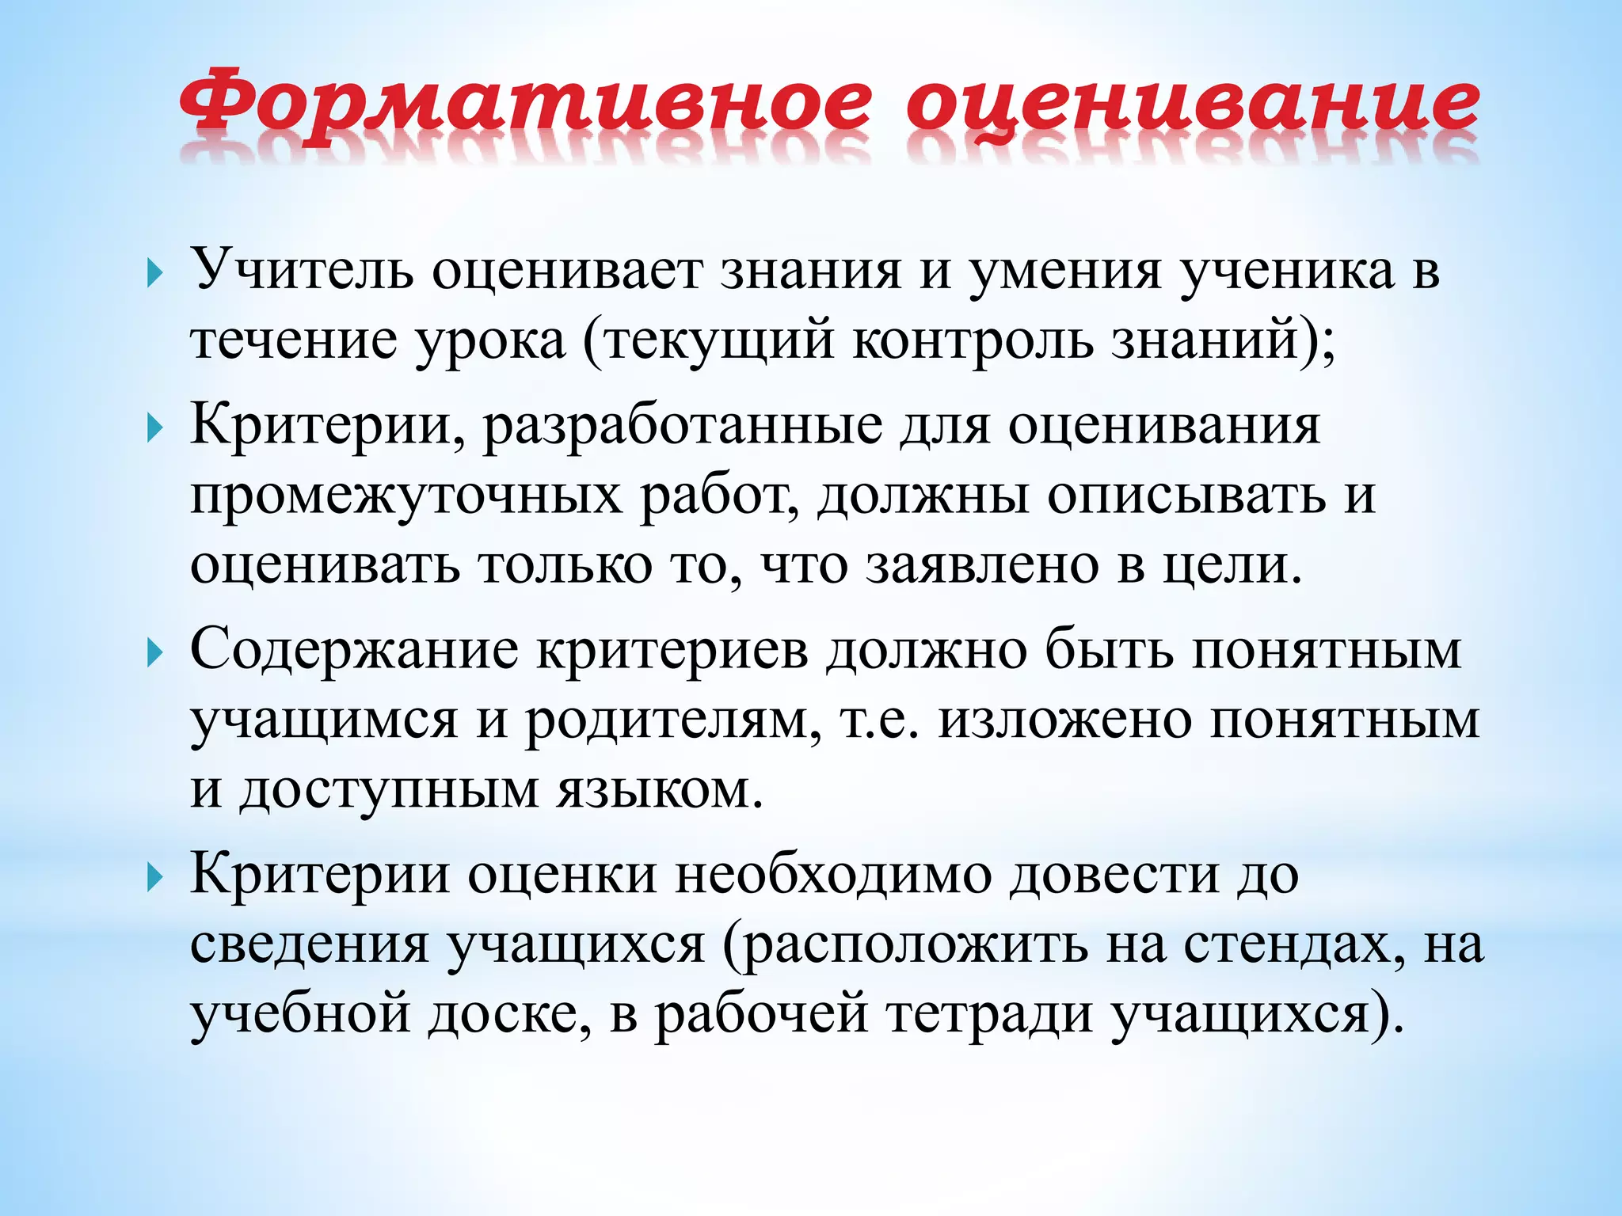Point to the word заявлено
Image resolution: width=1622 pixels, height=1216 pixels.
coord(982,565)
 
